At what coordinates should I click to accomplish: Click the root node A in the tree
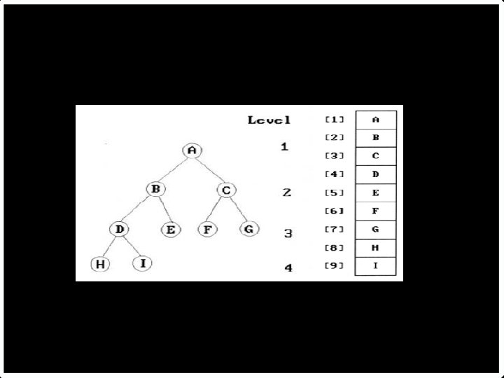[x=192, y=150]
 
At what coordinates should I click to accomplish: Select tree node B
[x=156, y=189]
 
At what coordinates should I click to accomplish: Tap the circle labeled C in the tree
[x=225, y=190]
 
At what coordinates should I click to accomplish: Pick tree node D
[x=119, y=229]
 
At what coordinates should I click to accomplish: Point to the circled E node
[x=170, y=229]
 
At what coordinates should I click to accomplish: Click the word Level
[x=269, y=120]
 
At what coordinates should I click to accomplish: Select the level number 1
[x=284, y=148]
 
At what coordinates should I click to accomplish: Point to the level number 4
[x=288, y=267]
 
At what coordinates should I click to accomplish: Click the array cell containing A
[x=376, y=120]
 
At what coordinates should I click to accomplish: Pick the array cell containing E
[x=376, y=192]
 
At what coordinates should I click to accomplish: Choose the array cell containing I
[x=376, y=266]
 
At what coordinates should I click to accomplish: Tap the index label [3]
[x=334, y=155]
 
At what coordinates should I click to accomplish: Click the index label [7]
[x=334, y=229]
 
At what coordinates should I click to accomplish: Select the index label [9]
[x=334, y=265]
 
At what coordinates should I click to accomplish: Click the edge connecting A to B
[x=174, y=169]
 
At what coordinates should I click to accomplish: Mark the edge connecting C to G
[x=238, y=210]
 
